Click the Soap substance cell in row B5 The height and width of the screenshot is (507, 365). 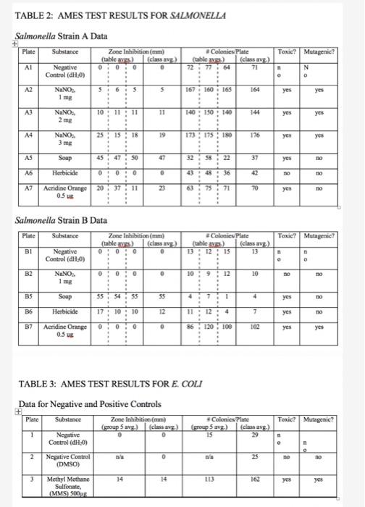pos(75,316)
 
